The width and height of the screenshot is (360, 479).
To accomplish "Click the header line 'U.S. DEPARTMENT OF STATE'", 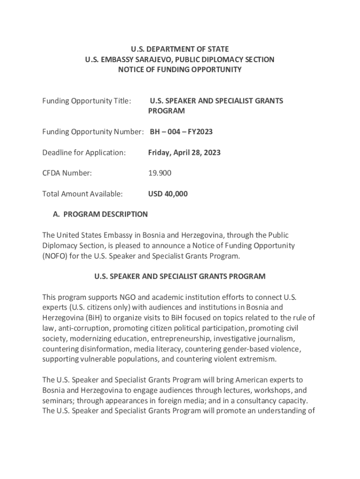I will (180, 49).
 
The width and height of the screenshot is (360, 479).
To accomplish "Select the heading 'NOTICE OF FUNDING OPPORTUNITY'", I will (180, 70).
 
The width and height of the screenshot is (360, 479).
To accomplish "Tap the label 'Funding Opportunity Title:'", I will (86, 101).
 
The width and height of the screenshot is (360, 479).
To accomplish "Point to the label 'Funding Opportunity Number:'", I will (93, 132).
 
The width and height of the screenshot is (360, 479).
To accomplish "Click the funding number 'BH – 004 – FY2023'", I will (181, 132).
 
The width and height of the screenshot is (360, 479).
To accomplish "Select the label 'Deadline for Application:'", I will (84, 152).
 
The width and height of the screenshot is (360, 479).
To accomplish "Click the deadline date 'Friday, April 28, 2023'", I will (184, 152).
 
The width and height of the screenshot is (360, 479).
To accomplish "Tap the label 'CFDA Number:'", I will (67, 173).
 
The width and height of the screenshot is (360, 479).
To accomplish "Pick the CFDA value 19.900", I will (160, 173).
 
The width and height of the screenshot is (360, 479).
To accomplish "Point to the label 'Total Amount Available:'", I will (82, 194).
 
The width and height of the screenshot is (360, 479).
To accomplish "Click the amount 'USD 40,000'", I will (168, 194).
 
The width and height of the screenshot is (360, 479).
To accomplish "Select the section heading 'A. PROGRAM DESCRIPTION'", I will (100, 214).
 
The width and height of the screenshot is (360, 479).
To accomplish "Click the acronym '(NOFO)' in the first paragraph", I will (55, 256).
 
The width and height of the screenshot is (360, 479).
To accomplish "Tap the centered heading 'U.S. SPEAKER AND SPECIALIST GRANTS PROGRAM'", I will (180, 276).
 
